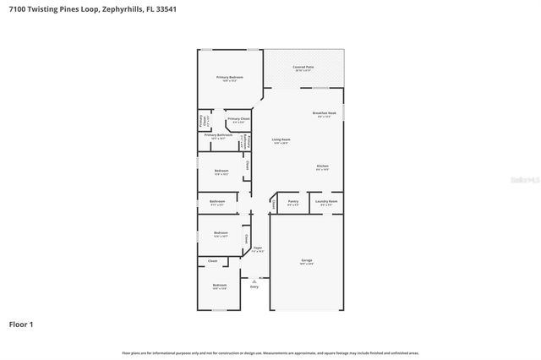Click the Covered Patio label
[x=303, y=68]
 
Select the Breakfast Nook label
[x=324, y=114]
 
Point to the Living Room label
[x=281, y=140]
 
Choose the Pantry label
[x=292, y=202]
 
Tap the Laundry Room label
[x=327, y=202]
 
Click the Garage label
[x=306, y=260]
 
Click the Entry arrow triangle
[x=254, y=279]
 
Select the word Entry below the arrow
[x=254, y=286]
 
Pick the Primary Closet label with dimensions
[x=238, y=120]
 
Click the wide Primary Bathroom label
[x=218, y=136]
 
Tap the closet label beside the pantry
[x=274, y=204]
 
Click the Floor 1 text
[x=21, y=324]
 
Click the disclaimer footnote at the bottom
[x=270, y=352]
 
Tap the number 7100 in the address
[x=18, y=8]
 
